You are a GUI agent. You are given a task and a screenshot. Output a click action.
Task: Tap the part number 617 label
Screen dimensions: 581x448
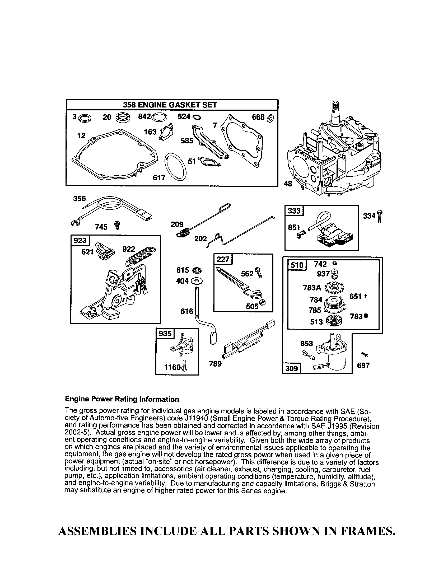[159, 177]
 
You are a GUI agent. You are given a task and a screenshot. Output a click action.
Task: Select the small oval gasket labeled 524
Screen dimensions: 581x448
[197, 117]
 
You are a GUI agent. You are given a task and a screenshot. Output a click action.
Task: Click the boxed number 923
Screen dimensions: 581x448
[80, 241]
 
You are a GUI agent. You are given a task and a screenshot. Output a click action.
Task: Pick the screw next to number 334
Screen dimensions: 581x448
[379, 216]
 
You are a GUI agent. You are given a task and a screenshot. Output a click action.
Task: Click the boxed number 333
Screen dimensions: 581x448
[294, 211]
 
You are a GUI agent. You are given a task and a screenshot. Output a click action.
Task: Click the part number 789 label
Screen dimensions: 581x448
[215, 364]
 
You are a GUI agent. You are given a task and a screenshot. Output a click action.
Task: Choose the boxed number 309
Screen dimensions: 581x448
[291, 368]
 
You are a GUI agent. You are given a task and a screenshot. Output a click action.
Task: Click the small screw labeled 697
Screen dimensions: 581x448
[364, 354]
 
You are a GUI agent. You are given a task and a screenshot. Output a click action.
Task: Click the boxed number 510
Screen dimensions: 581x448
[297, 265]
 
